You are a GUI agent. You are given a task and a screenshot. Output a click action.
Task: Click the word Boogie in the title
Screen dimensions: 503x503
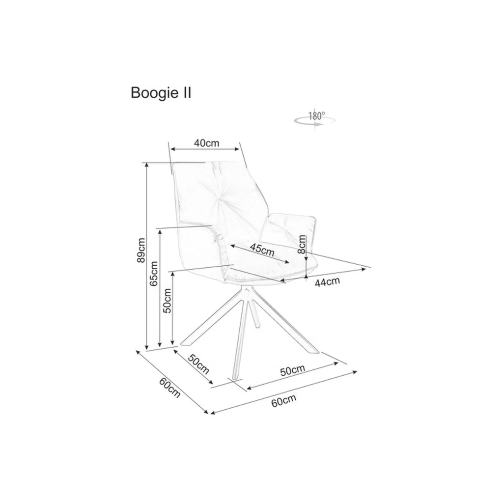[152, 93]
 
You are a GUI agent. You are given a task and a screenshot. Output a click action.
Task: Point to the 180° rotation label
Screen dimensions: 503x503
[317, 116]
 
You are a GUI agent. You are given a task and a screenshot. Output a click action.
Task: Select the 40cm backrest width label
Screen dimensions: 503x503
[206, 143]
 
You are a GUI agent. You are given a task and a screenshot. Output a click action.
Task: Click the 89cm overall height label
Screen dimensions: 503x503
[141, 251]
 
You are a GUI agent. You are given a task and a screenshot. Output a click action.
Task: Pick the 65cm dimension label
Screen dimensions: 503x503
[154, 274]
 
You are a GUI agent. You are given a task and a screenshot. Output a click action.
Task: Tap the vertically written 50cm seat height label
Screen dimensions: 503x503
[167, 301]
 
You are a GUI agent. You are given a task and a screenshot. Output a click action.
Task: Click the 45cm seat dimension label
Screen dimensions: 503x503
[262, 249]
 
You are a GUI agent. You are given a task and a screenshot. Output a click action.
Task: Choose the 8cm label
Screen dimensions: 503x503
[302, 243]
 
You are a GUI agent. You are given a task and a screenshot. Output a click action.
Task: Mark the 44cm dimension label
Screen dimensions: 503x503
[328, 281]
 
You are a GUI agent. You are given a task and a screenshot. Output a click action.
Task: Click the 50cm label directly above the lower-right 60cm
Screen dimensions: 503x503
[293, 370]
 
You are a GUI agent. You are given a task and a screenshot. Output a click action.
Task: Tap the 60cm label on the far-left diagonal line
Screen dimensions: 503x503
[170, 388]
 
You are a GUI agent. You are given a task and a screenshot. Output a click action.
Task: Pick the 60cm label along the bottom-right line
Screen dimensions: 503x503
[284, 401]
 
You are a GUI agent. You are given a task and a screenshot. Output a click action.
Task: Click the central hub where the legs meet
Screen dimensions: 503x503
[246, 293]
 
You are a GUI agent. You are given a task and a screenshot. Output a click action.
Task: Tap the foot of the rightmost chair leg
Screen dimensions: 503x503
[314, 352]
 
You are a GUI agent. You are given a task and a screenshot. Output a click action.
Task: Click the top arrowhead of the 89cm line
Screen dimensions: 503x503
[147, 164]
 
